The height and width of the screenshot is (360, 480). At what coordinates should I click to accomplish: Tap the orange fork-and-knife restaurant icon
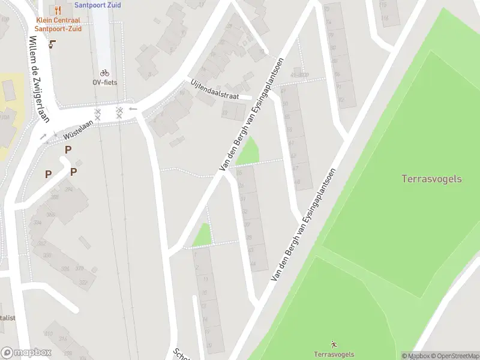(x=58, y=10)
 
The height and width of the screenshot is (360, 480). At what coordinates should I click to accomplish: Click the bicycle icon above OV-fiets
(x=104, y=73)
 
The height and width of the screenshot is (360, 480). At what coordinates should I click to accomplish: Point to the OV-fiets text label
(x=104, y=82)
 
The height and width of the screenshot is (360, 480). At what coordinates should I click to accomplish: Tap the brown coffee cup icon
(x=52, y=44)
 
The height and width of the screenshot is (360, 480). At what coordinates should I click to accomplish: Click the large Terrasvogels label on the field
(x=431, y=178)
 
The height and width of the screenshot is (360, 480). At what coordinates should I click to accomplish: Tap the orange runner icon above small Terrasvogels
(x=334, y=344)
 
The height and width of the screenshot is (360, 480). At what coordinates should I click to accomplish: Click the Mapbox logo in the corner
(x=26, y=353)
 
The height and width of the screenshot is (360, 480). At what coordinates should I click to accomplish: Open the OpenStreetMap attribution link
(x=453, y=356)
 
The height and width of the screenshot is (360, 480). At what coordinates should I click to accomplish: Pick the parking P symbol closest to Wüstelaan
(x=68, y=149)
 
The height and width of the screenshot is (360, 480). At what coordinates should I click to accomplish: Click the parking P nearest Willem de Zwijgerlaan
(x=48, y=174)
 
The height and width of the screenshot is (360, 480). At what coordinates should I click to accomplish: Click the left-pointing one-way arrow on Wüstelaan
(x=133, y=109)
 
